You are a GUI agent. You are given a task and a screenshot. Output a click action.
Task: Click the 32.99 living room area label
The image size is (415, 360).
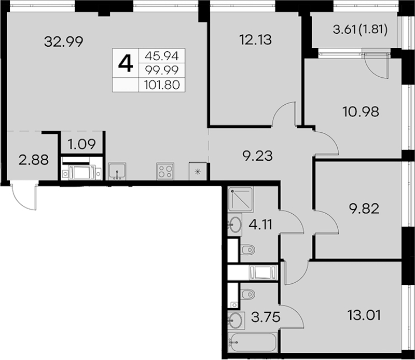click(63, 41)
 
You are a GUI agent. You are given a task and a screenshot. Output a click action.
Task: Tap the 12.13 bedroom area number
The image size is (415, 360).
click(255, 40)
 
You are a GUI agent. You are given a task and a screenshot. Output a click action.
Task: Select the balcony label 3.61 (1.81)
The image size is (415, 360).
click(360, 30)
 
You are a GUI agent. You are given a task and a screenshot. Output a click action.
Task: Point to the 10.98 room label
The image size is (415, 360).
click(361, 112)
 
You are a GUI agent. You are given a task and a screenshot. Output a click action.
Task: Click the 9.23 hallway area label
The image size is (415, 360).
click(257, 156)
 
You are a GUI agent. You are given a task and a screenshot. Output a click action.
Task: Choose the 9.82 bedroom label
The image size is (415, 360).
click(364, 209)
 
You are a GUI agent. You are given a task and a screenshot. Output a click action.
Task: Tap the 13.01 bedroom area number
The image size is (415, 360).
click(364, 315)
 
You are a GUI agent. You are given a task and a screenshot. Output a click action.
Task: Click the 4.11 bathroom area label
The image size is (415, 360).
click(260, 225)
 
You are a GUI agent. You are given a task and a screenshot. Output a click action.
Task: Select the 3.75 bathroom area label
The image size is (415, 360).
click(266, 317)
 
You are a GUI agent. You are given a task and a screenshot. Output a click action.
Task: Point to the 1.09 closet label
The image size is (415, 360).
click(81, 144)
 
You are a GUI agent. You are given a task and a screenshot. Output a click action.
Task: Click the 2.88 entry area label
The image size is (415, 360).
click(34, 160)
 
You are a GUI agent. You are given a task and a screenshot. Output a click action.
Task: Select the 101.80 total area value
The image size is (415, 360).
click(162, 85)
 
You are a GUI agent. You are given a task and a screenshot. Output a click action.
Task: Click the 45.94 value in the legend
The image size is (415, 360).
click(162, 56)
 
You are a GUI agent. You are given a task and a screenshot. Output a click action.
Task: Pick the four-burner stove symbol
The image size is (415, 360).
click(165, 171)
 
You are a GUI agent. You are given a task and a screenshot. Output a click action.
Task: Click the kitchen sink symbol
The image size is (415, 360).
click(117, 171)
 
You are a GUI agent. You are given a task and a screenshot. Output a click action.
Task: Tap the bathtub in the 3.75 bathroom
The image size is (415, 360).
click(252, 342)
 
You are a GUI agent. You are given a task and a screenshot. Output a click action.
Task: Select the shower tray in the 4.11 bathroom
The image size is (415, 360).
click(240, 199)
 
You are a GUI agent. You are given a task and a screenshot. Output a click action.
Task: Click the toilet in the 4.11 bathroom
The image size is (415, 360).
click(248, 250)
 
